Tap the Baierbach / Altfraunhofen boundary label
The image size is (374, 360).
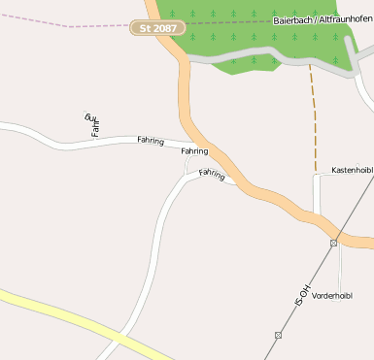point(320,19)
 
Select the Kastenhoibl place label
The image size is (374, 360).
point(352,170)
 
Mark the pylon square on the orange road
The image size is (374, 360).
point(333,243)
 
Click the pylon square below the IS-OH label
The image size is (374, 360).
point(278,335)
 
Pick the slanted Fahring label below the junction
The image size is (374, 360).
point(212,174)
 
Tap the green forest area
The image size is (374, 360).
point(262,39)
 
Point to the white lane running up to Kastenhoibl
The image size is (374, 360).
point(316,194)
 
